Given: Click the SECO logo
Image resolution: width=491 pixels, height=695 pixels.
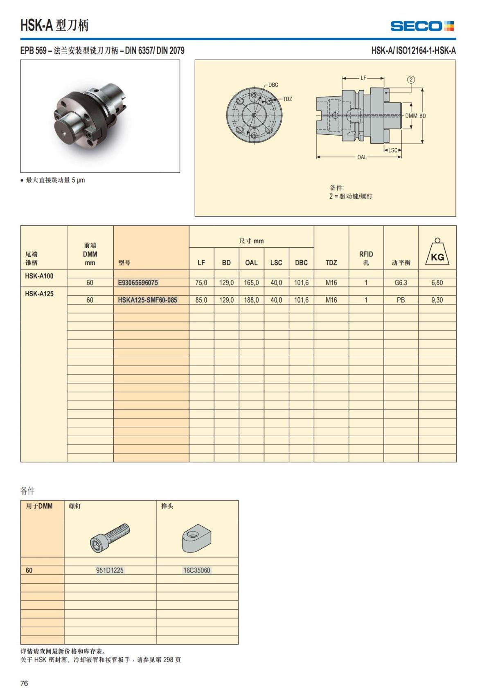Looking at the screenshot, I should (422, 26).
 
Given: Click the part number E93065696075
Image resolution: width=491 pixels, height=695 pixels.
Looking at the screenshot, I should (138, 283).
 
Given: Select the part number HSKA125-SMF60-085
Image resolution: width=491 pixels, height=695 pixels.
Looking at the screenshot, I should (147, 300).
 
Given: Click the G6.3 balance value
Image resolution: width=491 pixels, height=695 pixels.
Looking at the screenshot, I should (401, 283).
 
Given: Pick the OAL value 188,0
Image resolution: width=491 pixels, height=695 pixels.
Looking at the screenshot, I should (251, 300).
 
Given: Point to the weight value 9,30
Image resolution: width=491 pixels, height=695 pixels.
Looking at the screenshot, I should (437, 300).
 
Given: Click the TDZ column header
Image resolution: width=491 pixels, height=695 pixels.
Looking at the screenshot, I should (331, 263).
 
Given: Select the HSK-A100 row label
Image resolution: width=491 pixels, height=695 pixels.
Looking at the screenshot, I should (39, 276).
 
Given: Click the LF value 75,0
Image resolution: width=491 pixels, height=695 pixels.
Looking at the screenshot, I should (201, 283).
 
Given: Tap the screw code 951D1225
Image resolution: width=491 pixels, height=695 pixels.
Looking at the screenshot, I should (110, 570).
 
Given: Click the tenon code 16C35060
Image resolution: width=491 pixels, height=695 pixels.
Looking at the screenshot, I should (197, 570).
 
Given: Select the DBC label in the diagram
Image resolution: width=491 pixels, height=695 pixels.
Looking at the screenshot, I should (273, 85).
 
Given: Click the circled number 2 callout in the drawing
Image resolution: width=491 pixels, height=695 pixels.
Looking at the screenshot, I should (411, 80).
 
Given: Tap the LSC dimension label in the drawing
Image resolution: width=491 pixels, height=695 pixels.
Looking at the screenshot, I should (393, 150).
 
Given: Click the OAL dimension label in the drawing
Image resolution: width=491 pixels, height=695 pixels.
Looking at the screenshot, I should (362, 157).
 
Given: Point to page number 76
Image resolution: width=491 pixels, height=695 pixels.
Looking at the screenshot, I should (24, 683).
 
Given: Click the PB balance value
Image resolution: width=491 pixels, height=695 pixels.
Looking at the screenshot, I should (401, 300).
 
